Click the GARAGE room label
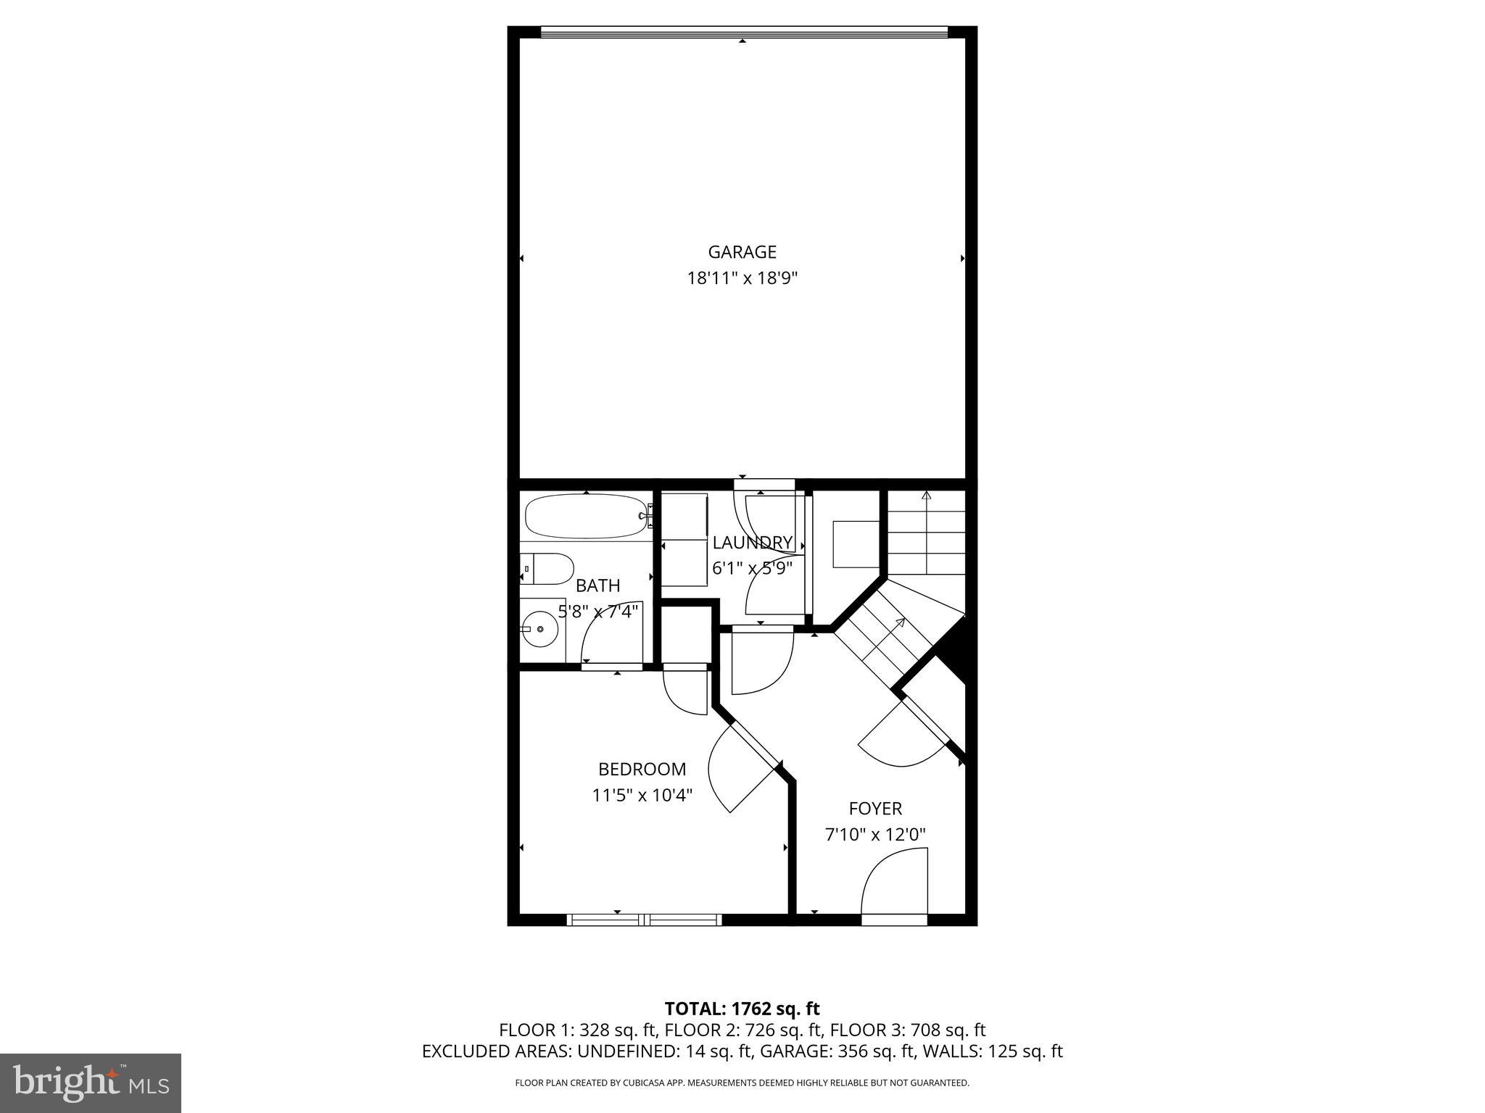pyautogui.click(x=742, y=252)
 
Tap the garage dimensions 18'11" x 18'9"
pyautogui.click(x=742, y=278)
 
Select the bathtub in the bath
pyautogui.click(x=586, y=516)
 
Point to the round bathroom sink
pyautogui.click(x=540, y=630)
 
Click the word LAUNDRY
pyautogui.click(x=752, y=543)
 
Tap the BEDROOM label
pyautogui.click(x=642, y=769)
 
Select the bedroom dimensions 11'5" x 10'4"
pyautogui.click(x=642, y=795)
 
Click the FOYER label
pyautogui.click(x=875, y=808)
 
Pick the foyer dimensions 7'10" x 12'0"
pyautogui.click(x=875, y=835)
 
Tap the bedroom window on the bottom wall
pyautogui.click(x=644, y=920)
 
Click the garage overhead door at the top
pyautogui.click(x=744, y=32)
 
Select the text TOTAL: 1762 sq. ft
pyautogui.click(x=742, y=1009)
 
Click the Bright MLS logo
pyautogui.click(x=91, y=1083)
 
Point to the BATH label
pyautogui.click(x=598, y=585)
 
